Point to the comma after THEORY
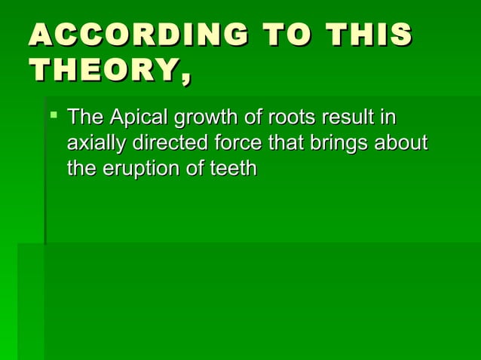(x=184, y=78)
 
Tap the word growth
(x=208, y=118)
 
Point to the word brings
(x=337, y=143)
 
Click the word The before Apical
(x=84, y=118)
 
